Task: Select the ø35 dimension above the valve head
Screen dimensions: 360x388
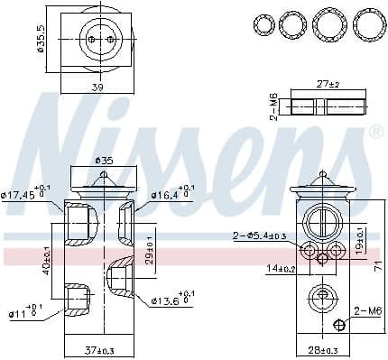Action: click(106, 162)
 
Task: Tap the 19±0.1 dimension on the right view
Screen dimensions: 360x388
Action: click(360, 243)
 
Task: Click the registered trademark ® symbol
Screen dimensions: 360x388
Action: click(375, 132)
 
